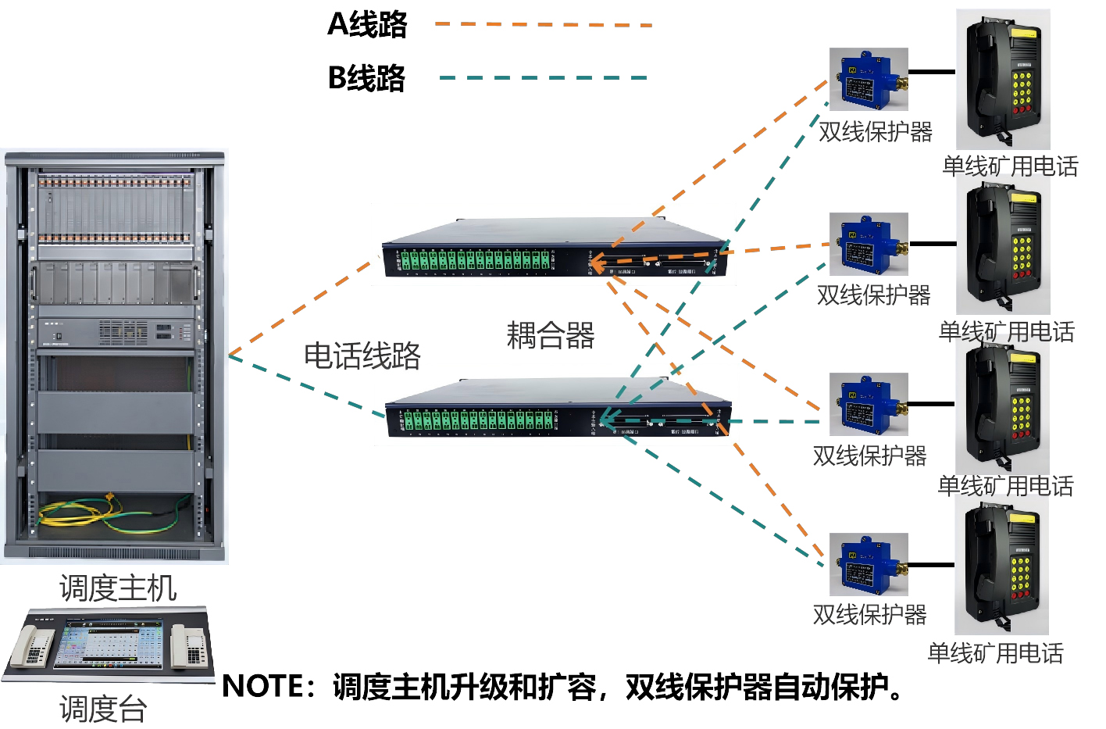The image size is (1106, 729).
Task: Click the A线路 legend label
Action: pyautogui.click(x=367, y=24)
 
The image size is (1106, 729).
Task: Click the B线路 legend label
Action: pyautogui.click(x=366, y=78)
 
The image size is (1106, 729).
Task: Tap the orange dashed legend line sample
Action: pyautogui.click(x=543, y=25)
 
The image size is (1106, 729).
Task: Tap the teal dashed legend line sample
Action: pyautogui.click(x=543, y=78)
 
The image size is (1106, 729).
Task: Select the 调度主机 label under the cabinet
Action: pyautogui.click(x=118, y=588)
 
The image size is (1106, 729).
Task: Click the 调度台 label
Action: pyautogui.click(x=103, y=709)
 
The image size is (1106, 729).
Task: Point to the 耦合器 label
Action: pyautogui.click(x=551, y=335)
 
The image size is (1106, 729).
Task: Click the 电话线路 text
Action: pyautogui.click(x=362, y=356)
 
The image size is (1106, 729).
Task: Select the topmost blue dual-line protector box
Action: pyautogui.click(x=869, y=79)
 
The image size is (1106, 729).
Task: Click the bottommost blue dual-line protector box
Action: pyautogui.click(x=869, y=564)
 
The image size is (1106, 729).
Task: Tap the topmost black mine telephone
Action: pyautogui.click(x=1003, y=80)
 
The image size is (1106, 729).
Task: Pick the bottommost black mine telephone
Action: pyautogui.click(x=1002, y=566)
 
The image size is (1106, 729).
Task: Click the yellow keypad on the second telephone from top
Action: pyautogui.click(x=1022, y=254)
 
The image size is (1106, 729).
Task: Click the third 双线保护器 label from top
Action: pyautogui.click(x=869, y=455)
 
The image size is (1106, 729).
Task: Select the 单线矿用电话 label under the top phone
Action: pyautogui.click(x=1010, y=166)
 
